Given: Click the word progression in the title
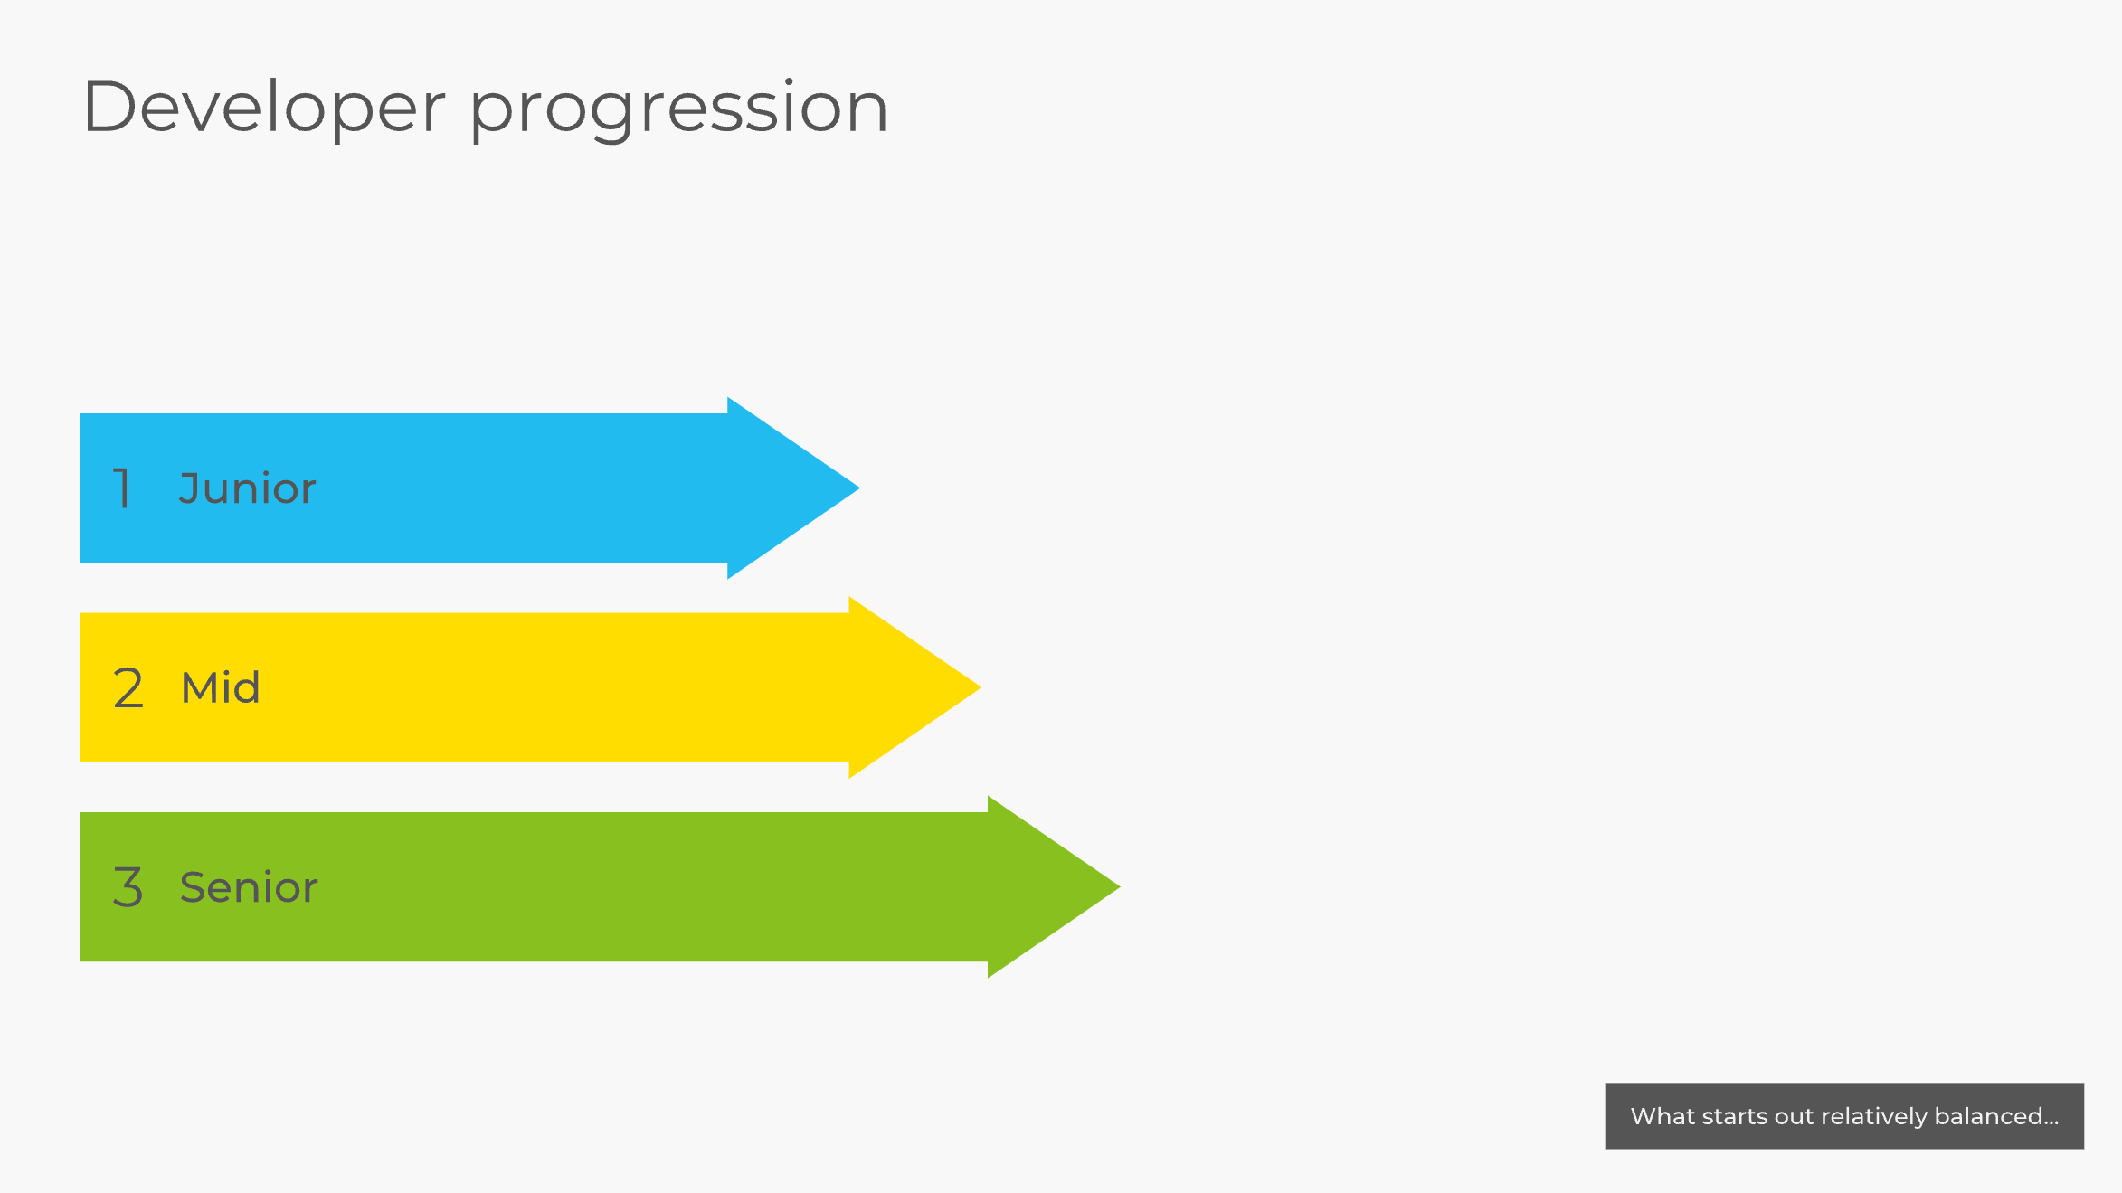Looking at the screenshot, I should coord(678,110).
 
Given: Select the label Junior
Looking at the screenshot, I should coord(247,488).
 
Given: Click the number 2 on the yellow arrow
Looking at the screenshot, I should coord(128,687).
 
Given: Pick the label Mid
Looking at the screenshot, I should coord(221,687).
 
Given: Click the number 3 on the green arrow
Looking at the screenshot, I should coord(128,886).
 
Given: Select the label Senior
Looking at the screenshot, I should coord(249,886).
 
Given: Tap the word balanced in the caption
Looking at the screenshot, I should coord(1988,1116).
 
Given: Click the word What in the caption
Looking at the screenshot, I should coord(1663,1116).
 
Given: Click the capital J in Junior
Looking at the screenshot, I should coord(189,488).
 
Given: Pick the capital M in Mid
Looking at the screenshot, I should coord(197,687).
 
